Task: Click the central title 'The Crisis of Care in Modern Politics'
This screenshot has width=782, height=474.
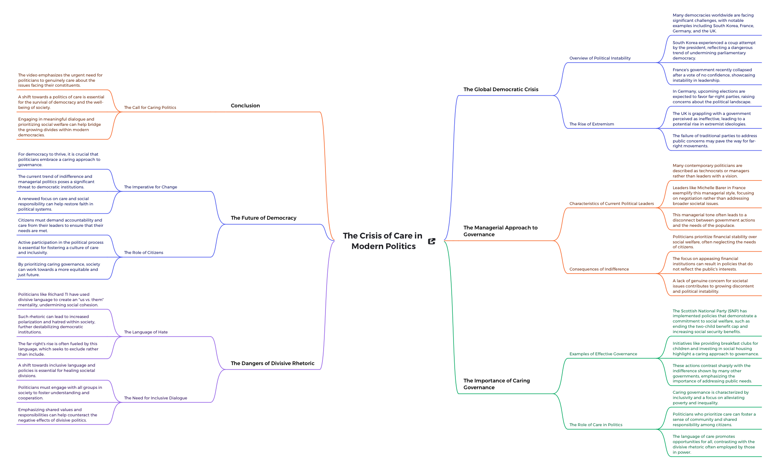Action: point(383,241)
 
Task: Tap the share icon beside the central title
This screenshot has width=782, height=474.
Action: point(432,241)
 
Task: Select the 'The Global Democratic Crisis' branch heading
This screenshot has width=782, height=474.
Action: point(501,89)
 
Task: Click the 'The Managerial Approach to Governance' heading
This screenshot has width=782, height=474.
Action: point(500,231)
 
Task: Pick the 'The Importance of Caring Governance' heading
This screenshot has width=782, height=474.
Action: point(496,384)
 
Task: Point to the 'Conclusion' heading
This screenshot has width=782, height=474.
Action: point(245,106)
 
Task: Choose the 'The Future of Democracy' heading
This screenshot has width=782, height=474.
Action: point(263,218)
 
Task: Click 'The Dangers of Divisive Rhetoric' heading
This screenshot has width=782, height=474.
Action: point(272,363)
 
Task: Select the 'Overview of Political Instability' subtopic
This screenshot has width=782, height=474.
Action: point(600,58)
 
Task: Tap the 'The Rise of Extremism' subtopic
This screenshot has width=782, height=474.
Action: point(591,124)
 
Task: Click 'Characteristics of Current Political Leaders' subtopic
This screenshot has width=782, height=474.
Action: point(611,203)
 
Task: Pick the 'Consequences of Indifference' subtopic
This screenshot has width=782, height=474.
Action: point(599,269)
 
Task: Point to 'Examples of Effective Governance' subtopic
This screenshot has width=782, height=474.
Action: point(603,354)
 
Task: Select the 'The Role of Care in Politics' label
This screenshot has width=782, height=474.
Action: point(596,425)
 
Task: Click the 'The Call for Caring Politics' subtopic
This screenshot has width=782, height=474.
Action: point(150,107)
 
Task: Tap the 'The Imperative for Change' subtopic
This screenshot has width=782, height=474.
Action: point(150,187)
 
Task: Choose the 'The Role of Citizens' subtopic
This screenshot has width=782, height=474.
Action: point(144,252)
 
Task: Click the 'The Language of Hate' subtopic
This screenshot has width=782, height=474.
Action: point(146,332)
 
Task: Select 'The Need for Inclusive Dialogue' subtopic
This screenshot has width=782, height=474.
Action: point(155,398)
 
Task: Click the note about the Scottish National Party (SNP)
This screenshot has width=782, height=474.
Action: point(714,321)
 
